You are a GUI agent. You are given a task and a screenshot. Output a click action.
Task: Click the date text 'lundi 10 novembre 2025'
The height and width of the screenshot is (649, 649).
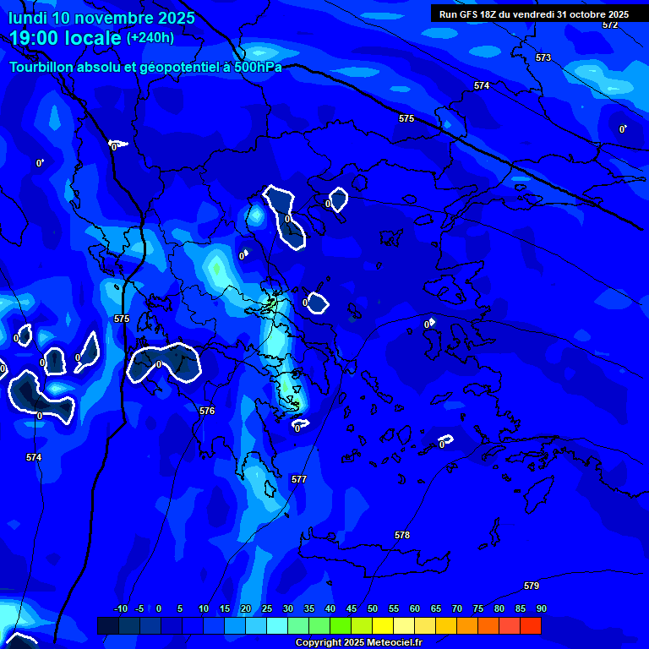tap(101, 18)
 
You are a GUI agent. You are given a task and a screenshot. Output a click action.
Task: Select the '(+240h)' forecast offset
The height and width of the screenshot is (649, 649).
tap(150, 37)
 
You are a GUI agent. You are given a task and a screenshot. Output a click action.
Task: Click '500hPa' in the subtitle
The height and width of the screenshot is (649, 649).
tap(257, 67)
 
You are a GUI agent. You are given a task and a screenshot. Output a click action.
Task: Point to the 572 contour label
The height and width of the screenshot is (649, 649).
tap(610, 25)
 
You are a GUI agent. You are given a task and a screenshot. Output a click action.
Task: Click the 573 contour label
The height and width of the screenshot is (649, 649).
tap(543, 57)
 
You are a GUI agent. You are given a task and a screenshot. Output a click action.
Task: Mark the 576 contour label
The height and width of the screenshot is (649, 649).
tap(207, 411)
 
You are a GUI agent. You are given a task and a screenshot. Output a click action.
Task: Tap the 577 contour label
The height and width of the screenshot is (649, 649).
tap(299, 479)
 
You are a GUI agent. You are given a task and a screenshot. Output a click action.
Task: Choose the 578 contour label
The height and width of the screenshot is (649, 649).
tap(402, 535)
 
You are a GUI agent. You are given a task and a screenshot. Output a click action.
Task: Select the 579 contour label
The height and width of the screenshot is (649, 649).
tap(532, 586)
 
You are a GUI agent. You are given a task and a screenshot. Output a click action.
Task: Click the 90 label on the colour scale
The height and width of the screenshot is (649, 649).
tap(541, 608)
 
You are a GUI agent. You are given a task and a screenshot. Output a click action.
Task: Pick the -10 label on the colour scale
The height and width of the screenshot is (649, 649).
tap(120, 608)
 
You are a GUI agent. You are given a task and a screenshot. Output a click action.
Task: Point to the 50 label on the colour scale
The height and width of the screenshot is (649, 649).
tap(373, 608)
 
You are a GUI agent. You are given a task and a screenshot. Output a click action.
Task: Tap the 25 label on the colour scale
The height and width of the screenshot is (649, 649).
tap(267, 608)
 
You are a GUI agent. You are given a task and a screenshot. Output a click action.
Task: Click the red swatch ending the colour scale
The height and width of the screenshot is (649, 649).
tap(531, 625)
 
